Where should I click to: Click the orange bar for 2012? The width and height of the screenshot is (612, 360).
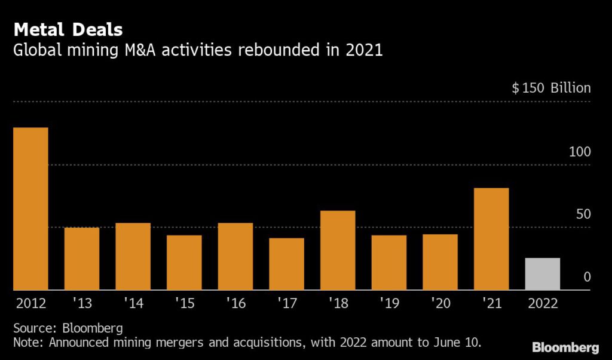pyautogui.click(x=30, y=209)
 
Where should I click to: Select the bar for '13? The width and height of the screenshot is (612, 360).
pyautogui.click(x=82, y=258)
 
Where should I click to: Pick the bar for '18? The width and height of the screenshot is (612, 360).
pyautogui.click(x=338, y=250)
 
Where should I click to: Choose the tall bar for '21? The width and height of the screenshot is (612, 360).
pyautogui.click(x=491, y=239)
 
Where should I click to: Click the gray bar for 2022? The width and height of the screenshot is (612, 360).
pyautogui.click(x=542, y=274)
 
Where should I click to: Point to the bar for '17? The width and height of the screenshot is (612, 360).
pyautogui.click(x=286, y=264)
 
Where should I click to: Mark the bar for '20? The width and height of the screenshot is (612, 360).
pyautogui.click(x=440, y=262)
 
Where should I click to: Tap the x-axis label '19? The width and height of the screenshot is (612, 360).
pyautogui.click(x=388, y=303)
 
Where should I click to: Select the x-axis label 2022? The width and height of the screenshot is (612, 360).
pyautogui.click(x=542, y=303)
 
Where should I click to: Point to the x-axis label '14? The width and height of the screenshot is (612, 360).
pyautogui.click(x=133, y=303)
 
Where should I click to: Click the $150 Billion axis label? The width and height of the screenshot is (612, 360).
pyautogui.click(x=551, y=89)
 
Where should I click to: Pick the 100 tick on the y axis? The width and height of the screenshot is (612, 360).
pyautogui.click(x=579, y=152)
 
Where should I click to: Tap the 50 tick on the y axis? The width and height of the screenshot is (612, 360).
pyautogui.click(x=582, y=214)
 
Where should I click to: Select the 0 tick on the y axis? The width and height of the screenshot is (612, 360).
pyautogui.click(x=586, y=277)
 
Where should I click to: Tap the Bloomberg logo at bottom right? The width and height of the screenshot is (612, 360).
pyautogui.click(x=565, y=347)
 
